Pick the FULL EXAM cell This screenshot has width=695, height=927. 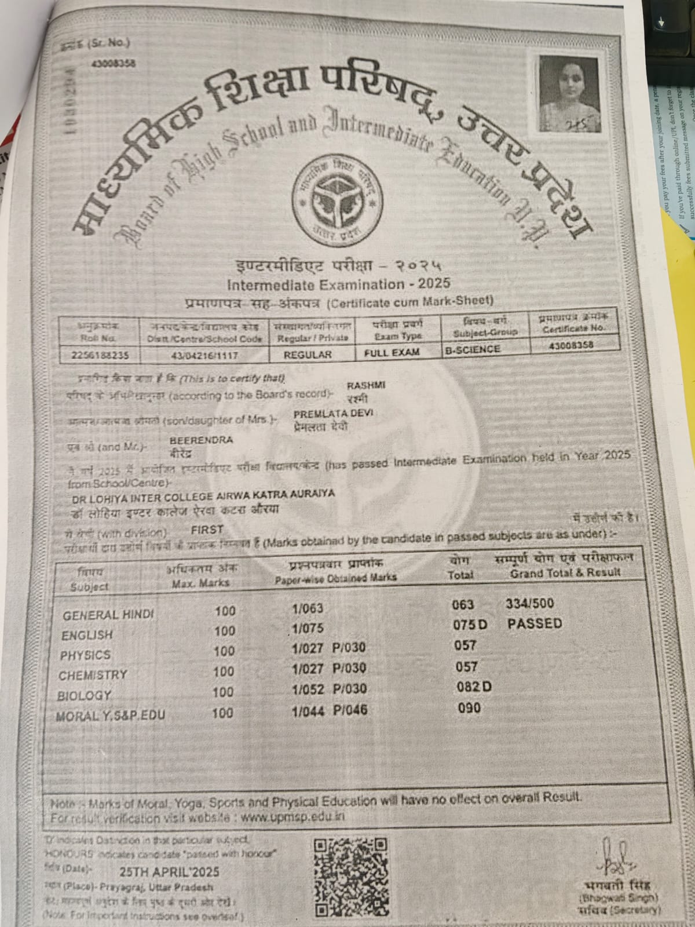(x=392, y=352)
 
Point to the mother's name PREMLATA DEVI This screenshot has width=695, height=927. (x=333, y=414)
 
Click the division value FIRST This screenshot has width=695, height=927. (x=207, y=529)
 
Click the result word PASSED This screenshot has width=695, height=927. (x=534, y=623)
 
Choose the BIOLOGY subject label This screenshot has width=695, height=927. (x=85, y=695)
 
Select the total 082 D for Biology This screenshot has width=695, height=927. (x=474, y=687)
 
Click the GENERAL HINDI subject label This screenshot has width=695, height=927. (x=109, y=615)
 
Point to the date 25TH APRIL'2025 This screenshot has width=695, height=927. (x=170, y=872)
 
